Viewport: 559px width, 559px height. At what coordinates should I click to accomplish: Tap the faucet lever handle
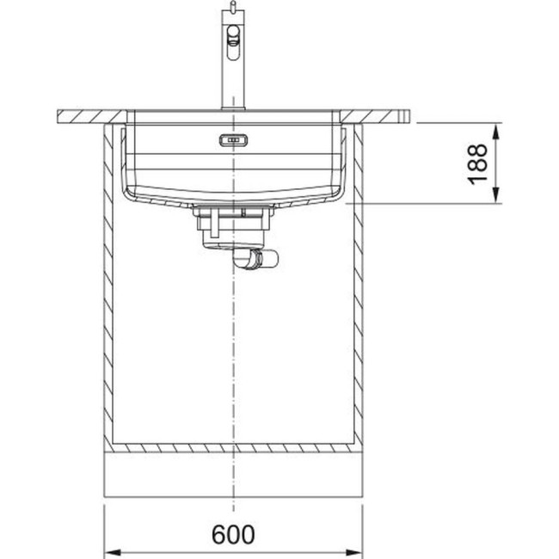[232, 35]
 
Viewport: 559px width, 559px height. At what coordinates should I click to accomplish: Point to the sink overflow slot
[233, 140]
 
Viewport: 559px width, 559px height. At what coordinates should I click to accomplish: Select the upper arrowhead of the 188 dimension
[496, 128]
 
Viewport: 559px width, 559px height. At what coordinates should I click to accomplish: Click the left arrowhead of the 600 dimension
[112, 551]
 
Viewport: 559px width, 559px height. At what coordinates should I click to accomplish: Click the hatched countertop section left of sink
[86, 114]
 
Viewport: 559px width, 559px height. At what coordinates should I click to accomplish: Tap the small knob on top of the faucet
[230, 8]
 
